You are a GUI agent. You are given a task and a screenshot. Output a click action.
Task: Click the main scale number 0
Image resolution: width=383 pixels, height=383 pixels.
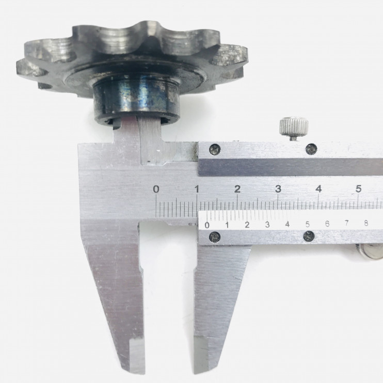tap(156, 189)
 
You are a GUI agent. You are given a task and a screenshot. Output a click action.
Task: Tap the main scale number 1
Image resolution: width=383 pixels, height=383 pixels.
tap(197, 189)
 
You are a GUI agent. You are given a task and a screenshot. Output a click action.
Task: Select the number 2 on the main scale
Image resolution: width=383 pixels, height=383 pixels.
tap(237, 189)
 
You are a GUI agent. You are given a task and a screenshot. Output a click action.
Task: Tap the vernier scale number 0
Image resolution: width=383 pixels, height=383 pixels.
tap(207, 225)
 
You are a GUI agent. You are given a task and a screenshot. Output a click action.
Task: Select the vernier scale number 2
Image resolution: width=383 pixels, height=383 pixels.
tap(247, 225)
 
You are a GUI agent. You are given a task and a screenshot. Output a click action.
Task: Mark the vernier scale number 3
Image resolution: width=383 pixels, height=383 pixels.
tap(267, 225)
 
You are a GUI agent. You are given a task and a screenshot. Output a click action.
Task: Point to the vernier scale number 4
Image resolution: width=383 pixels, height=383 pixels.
tap(288, 224)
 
